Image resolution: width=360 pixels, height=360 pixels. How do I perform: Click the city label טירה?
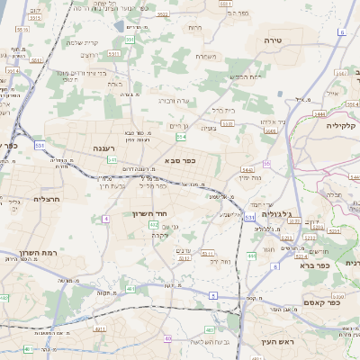tap(274, 41)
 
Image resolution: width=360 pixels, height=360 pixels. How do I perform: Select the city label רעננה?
tap(103, 147)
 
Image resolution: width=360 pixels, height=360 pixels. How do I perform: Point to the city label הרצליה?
tap(46, 198)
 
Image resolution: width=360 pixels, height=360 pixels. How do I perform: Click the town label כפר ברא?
tap(338, 265)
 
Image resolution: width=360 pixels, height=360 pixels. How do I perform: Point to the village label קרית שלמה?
tap(83, 43)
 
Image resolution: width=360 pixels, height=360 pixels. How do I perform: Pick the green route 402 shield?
tap(154, 224)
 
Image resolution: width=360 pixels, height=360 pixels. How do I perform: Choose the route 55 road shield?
tap(266, 163)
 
